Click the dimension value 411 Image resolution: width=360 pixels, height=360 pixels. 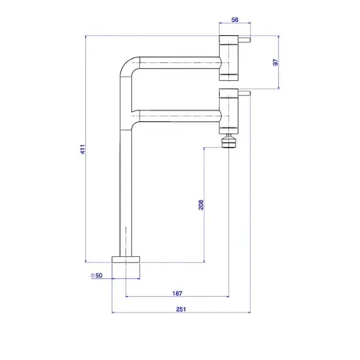tap(83, 149)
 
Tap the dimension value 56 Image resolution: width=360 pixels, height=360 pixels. tap(235, 20)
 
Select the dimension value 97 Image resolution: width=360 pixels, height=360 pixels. tap(276, 62)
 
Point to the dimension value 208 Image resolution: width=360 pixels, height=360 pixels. tap(200, 205)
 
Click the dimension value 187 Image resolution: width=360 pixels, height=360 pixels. tap(178, 294)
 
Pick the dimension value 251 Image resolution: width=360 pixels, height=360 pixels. tap(181, 309)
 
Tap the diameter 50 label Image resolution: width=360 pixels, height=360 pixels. tap(97, 276)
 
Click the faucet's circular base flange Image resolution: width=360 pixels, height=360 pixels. tap(126, 259)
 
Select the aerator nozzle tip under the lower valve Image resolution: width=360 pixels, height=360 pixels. tap(228, 141)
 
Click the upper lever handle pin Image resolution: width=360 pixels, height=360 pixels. tap(245, 40)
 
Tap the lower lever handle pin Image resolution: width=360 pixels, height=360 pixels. tap(245, 93)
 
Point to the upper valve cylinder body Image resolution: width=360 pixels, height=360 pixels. tap(229, 58)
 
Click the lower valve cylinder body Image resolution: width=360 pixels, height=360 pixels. tap(229, 111)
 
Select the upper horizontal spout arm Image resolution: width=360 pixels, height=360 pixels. tap(180, 62)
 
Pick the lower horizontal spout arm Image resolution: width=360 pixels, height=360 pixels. tap(180, 116)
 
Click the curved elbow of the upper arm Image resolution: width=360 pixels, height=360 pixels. tap(128, 65)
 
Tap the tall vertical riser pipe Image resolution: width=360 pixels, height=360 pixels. tap(126, 191)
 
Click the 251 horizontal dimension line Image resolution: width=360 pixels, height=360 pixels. tap(181, 313)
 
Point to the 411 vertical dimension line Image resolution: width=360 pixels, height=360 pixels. tap(86, 149)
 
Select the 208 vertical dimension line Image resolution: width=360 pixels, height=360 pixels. tap(205, 205)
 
